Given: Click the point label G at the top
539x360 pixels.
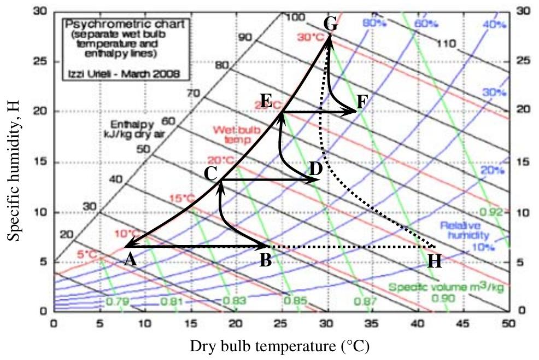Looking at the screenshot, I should click(x=331, y=24).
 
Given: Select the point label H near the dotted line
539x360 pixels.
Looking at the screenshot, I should click(x=435, y=262).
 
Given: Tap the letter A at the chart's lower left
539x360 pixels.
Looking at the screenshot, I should click(x=130, y=259).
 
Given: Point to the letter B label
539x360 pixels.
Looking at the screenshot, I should click(x=266, y=260).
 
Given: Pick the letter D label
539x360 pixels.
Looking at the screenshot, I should click(x=315, y=169).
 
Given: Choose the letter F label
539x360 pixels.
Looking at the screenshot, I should click(x=362, y=101).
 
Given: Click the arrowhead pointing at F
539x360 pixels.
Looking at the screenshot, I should click(x=353, y=112).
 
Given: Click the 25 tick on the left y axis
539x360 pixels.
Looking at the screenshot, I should click(x=39, y=61).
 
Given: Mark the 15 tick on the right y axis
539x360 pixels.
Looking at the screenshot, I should click(x=523, y=162).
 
